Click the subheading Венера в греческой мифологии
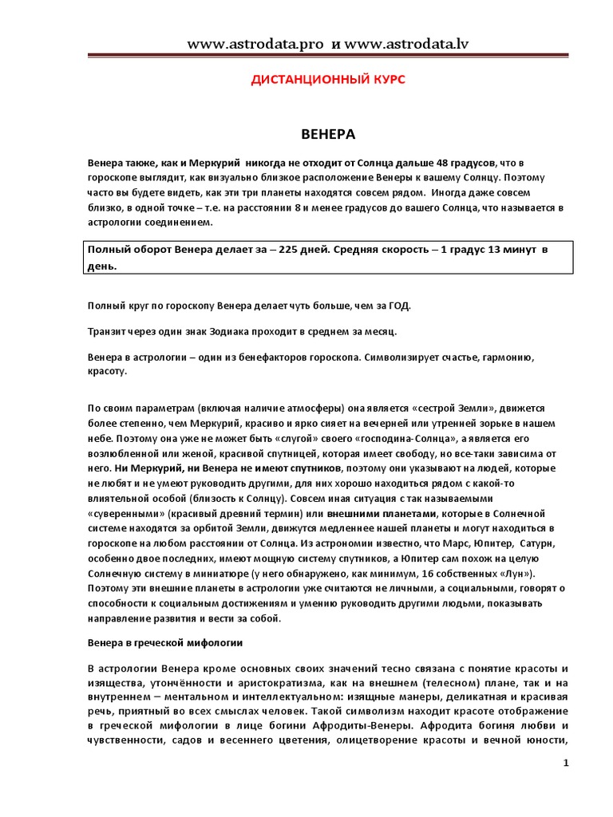pos(164,641)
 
